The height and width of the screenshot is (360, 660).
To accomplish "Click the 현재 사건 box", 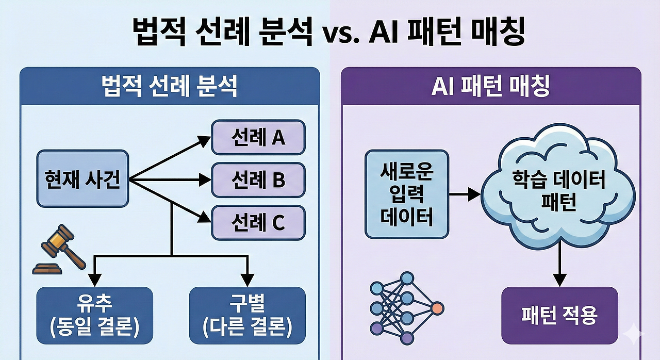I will click(x=82, y=178).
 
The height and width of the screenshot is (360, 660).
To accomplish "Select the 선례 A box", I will click(x=258, y=137).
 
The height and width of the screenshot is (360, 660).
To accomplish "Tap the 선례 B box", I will click(x=258, y=180).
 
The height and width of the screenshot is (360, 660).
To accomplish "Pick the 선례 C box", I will click(x=258, y=223).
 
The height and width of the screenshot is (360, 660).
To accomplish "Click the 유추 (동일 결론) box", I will click(x=95, y=315).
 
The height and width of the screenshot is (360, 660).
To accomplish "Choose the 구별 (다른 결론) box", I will click(x=247, y=315).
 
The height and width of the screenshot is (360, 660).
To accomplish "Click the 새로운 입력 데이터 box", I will click(x=407, y=194).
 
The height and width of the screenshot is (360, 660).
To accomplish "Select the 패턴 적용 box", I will click(x=559, y=315).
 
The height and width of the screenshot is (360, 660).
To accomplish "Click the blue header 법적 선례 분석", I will click(x=170, y=86).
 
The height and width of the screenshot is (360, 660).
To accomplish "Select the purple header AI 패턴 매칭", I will click(x=491, y=86).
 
